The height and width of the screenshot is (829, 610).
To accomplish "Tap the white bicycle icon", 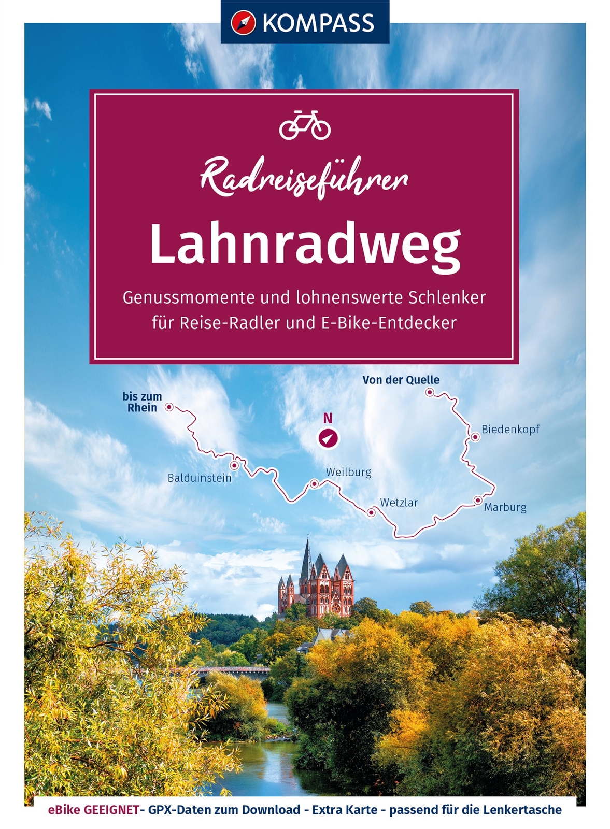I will point(304,125).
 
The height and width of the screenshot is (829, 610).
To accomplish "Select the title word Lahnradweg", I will point(305,247).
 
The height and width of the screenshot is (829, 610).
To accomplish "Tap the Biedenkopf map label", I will point(510,429).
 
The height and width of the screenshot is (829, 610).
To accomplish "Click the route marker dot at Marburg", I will point(477,500).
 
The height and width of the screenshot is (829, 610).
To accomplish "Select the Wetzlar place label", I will point(399,502).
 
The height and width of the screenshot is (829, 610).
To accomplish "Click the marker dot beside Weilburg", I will point(314,484).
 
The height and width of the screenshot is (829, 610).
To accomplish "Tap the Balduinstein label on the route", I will point(200,478).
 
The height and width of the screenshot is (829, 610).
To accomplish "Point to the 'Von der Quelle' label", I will point(401,380).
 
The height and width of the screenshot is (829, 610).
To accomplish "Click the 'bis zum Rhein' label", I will point(142,402).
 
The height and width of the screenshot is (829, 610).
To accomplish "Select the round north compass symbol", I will point(328,438).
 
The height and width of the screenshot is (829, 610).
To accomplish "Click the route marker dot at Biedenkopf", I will point(475,437).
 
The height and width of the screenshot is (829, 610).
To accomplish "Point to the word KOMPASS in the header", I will point(318,23).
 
